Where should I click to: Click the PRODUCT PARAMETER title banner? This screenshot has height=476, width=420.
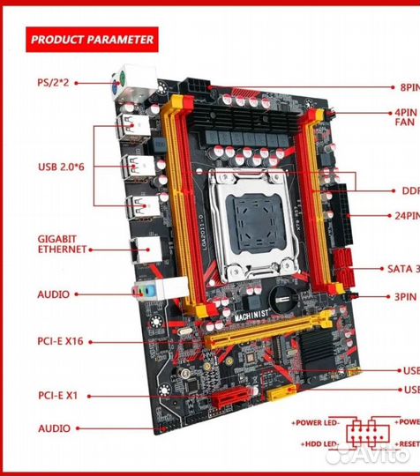pos(92,39)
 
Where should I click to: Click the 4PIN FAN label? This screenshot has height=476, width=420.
pos(404,118)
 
